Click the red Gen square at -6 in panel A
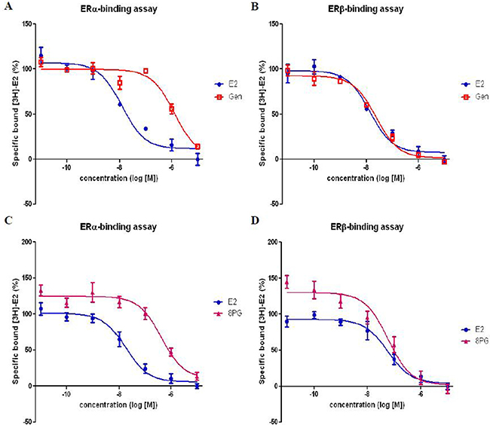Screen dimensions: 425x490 click(x=171, y=109)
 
